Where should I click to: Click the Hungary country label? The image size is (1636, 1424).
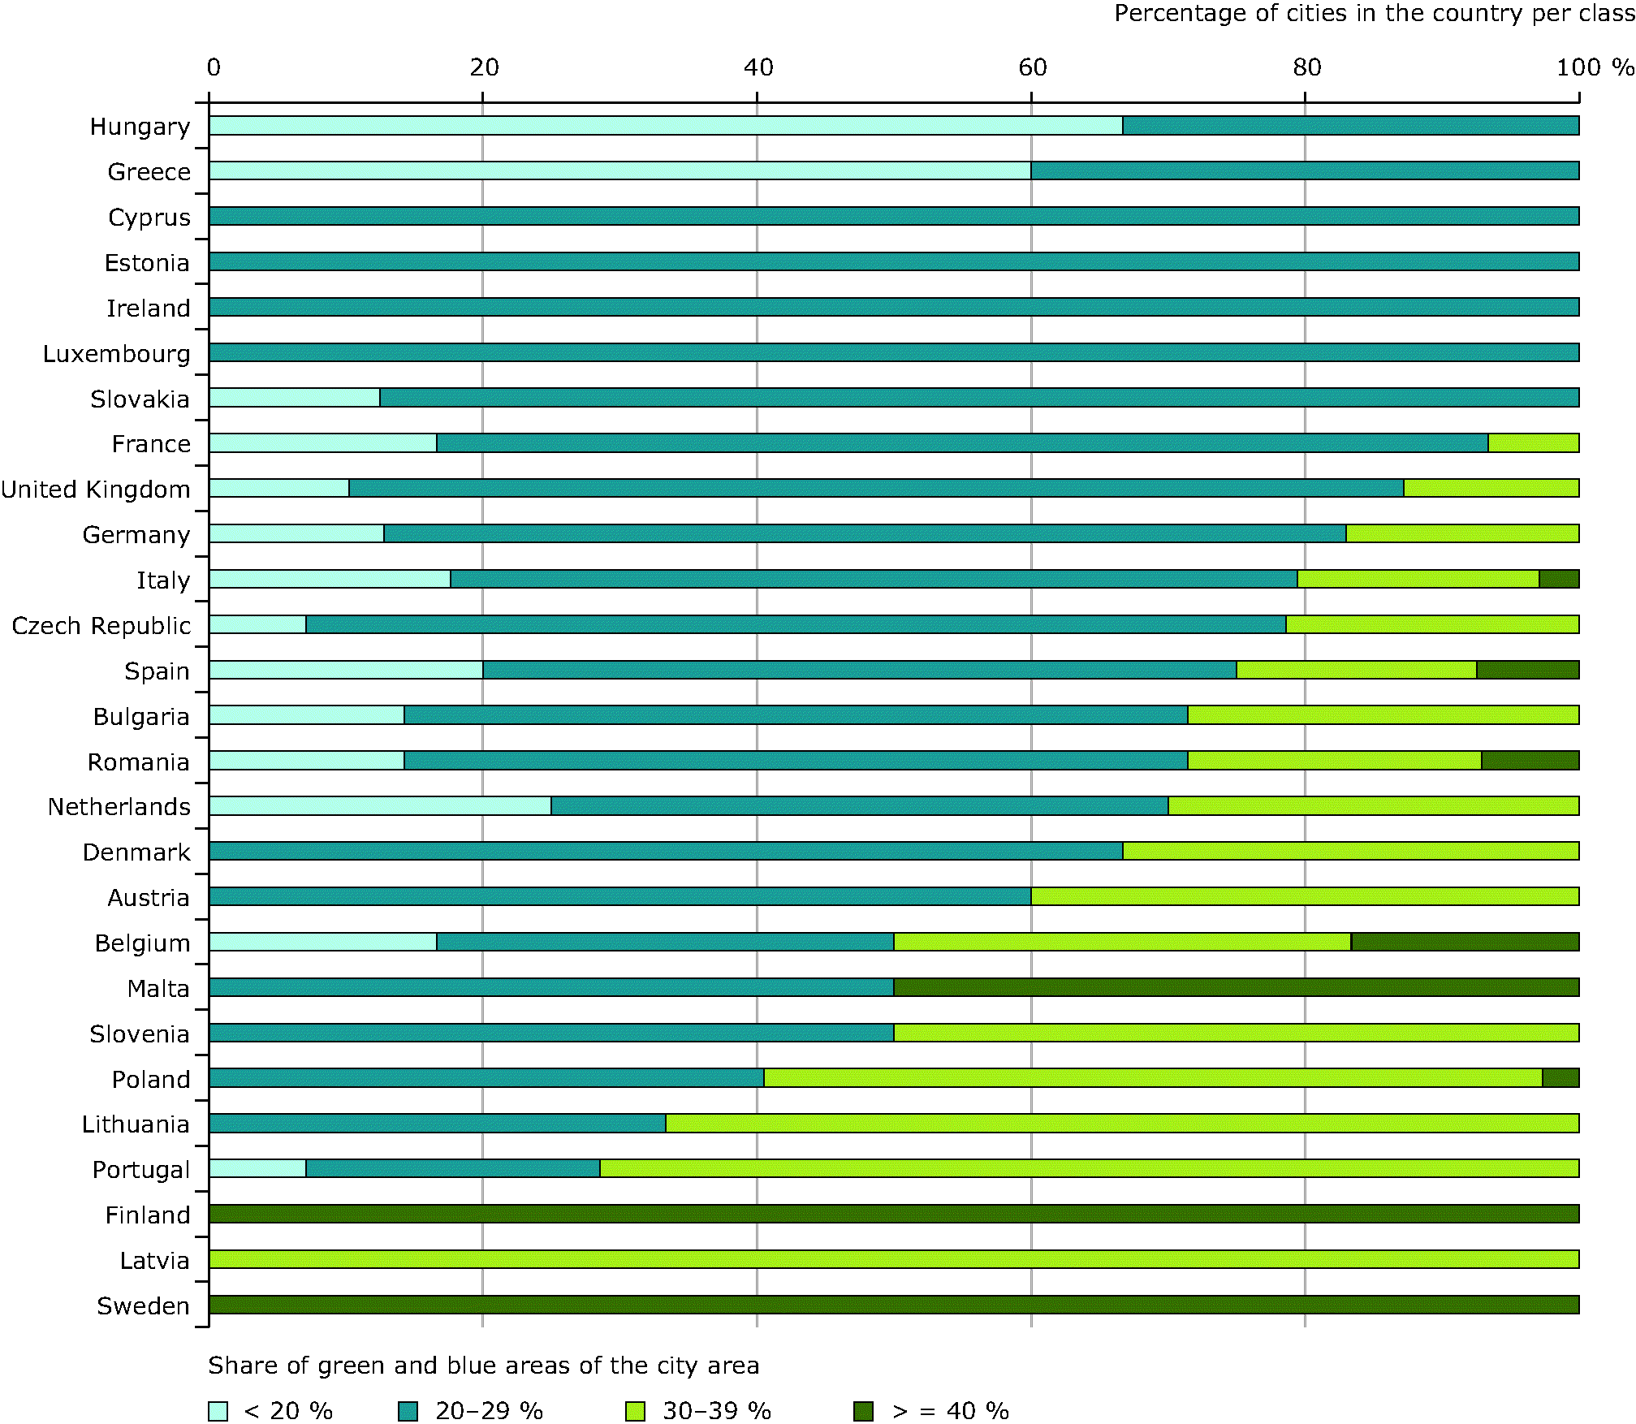pos(140,127)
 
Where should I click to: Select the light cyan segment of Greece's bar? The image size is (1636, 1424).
pos(619,170)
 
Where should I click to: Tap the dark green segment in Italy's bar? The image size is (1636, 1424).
pos(1559,579)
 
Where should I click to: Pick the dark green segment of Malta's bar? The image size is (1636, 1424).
pos(1236,987)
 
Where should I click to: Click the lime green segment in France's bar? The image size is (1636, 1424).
pos(1533,443)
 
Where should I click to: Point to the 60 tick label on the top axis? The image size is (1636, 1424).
pos(1032,67)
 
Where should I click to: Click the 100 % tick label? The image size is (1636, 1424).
pos(1594,67)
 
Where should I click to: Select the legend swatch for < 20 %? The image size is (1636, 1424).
pos(218,1411)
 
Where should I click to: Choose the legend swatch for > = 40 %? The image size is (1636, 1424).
pos(863,1411)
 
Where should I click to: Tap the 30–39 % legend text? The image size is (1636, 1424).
pos(716,1411)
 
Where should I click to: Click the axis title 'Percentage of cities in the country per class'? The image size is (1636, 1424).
pos(1374,14)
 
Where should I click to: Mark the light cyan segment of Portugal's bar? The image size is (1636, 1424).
pos(257,1168)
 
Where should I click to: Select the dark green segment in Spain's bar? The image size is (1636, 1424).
pos(1527,670)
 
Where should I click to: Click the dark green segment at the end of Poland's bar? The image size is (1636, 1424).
pos(1560,1078)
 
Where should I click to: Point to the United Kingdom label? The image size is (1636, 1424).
pos(96,490)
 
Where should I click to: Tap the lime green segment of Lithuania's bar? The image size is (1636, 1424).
pos(1122,1124)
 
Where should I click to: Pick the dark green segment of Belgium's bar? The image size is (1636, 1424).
pos(1465,942)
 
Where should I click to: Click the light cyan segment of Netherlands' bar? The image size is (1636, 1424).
pos(380,805)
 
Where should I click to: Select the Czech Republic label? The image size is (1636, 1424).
pos(101,626)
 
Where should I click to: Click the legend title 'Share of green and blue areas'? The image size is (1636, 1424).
pos(483,1366)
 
